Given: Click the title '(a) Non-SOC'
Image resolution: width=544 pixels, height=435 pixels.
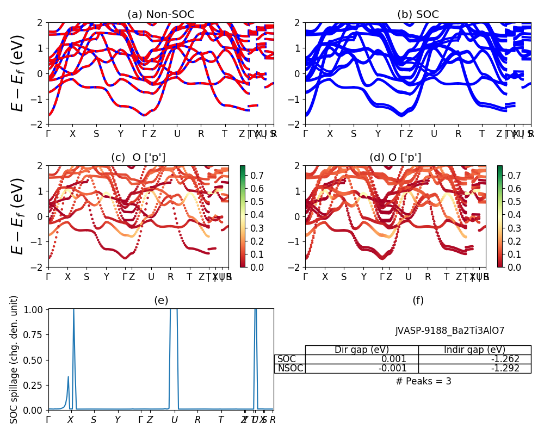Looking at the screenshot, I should click(x=161, y=15).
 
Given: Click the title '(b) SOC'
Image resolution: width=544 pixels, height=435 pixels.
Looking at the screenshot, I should click(x=418, y=15).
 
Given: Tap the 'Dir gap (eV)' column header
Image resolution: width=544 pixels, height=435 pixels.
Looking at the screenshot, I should click(x=362, y=350).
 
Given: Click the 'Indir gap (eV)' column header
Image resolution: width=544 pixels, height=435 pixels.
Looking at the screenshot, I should click(x=474, y=350).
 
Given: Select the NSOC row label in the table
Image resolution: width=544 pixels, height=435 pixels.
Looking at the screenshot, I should click(x=290, y=368).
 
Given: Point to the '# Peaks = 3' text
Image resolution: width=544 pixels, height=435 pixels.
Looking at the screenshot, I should click(x=424, y=381).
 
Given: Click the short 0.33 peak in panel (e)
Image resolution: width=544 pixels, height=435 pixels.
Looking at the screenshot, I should click(x=68, y=377).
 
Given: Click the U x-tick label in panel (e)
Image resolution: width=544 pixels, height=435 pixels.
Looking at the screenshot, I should click(x=174, y=420).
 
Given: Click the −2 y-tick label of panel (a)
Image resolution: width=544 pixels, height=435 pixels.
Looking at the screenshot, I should click(x=40, y=125).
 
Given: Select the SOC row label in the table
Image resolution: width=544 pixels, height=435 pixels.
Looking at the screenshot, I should click(x=287, y=359).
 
